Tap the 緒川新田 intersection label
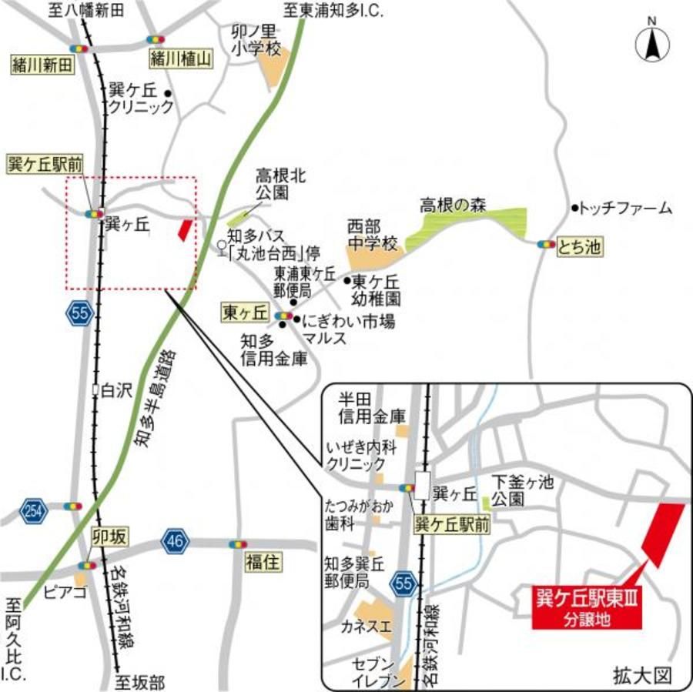(42, 65)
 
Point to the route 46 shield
(175, 542)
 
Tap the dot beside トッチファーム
(574, 208)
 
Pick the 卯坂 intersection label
(109, 537)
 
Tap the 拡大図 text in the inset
(643, 675)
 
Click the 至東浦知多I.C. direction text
(333, 12)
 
